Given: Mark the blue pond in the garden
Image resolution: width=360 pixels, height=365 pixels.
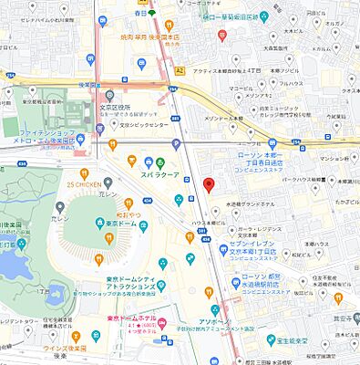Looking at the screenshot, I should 11,261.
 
